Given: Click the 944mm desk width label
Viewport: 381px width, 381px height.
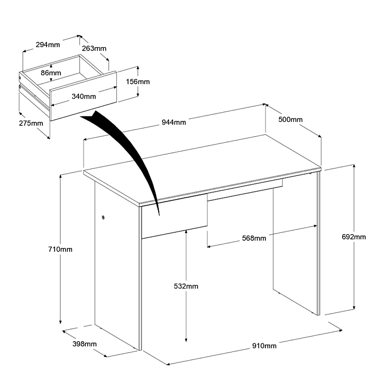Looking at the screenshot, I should tap(174, 122).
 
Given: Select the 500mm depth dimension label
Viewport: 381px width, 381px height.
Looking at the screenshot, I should tap(291, 119).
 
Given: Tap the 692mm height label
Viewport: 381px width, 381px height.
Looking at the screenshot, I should tap(354, 237).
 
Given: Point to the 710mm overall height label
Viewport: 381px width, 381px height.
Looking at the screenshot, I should tap(61, 249).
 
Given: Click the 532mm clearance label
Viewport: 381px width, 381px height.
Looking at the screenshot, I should tap(186, 286).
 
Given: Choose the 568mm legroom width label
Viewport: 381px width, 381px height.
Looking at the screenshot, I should tap(254, 238).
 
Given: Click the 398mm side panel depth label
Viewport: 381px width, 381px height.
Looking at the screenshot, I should tap(85, 344).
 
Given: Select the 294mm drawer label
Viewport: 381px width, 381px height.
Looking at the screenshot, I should tap(48, 44).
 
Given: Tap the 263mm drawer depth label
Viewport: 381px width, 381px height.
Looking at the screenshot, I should tap(94, 48).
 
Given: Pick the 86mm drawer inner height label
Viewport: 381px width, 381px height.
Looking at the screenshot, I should tap(51, 73).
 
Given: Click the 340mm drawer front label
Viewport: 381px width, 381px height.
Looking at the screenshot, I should tap(84, 96).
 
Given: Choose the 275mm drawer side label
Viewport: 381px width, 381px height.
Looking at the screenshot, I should tap(31, 123).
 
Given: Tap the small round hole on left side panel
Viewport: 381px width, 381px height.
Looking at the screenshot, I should tap(103, 217).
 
